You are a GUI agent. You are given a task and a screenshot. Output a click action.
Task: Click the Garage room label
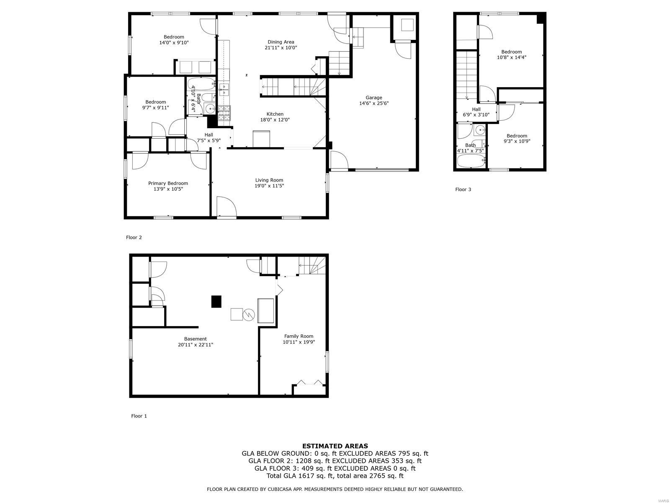(374, 98)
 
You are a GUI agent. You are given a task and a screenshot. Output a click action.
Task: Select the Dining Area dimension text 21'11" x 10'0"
(281, 48)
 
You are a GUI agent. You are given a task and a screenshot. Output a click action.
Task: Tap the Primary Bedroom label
(168, 183)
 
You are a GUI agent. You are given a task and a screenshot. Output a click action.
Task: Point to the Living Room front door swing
(227, 207)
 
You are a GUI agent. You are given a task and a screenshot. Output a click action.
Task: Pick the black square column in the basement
(216, 301)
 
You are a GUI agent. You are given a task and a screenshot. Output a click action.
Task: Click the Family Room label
(299, 336)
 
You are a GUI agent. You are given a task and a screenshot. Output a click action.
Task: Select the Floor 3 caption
(463, 189)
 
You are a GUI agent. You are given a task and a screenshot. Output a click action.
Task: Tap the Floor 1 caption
(139, 416)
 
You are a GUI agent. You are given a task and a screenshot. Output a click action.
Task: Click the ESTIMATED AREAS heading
(335, 446)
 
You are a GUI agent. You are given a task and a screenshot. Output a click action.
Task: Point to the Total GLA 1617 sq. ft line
(335, 476)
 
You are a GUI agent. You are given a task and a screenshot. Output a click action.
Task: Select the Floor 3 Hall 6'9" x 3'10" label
(476, 111)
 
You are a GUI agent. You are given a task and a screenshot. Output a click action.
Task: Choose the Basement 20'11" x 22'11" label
(195, 342)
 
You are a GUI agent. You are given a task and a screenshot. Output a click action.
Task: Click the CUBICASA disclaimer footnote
(335, 489)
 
